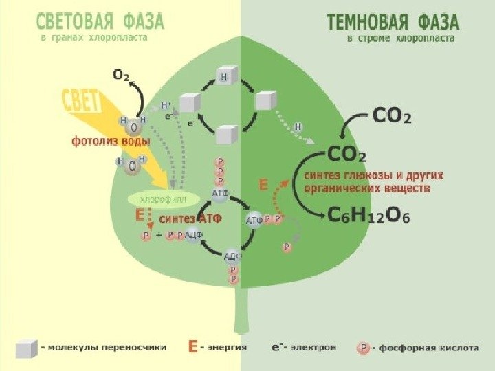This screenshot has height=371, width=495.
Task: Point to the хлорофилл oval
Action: click(154, 199)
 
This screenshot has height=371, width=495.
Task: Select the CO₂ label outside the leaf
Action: click(392, 117)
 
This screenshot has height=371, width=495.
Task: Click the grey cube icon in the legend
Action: click(26, 349)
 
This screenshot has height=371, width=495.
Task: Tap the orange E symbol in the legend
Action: click(194, 348)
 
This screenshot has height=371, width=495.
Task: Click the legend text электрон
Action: click(313, 348)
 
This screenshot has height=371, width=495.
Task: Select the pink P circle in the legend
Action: click(363, 348)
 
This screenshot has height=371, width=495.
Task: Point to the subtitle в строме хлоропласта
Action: click(400, 39)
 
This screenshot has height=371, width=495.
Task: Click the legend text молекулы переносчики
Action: click(107, 348)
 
